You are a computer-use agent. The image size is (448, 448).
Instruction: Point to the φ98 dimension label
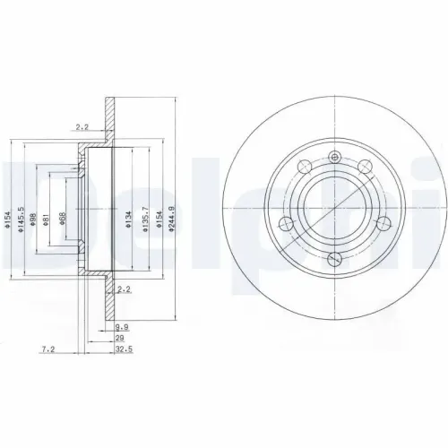click(33, 215)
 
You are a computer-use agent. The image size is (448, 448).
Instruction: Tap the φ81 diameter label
click(47, 216)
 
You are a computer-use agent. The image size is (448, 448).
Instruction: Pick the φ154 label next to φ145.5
click(7, 216)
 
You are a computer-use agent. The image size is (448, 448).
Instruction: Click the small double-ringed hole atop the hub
click(335, 159)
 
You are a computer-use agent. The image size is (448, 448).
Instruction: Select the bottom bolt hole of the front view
click(335, 259)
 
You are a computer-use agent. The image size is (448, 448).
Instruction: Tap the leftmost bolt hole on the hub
click(287, 223)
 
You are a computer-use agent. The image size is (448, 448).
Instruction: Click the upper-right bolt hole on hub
click(366, 167)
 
